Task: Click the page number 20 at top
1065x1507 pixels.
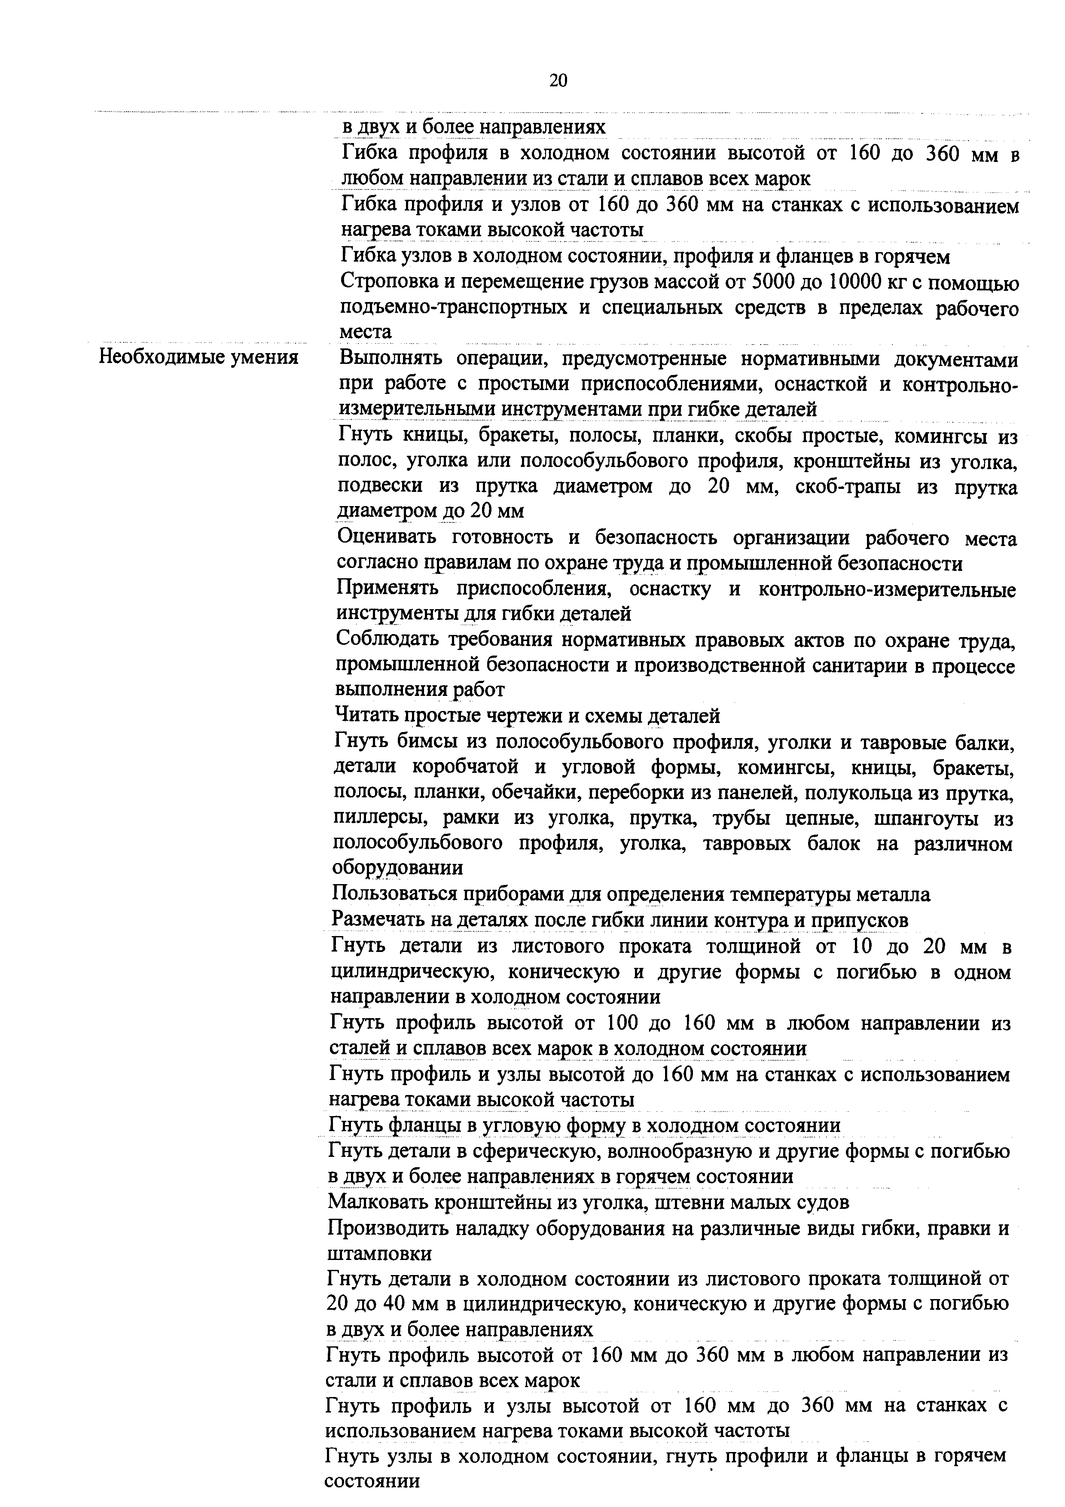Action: point(558,81)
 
